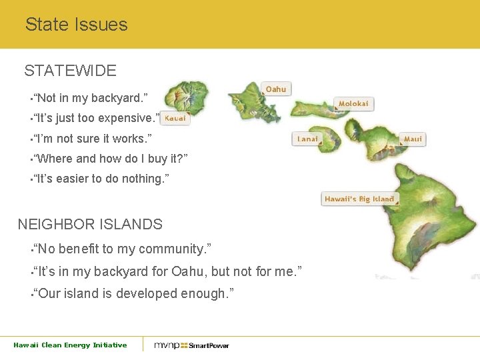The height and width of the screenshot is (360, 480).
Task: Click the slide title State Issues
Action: (76, 25)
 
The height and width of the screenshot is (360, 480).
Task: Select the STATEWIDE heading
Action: (70, 71)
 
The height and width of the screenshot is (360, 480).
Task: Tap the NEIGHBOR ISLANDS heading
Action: (89, 224)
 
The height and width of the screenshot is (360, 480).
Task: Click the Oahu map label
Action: (276, 89)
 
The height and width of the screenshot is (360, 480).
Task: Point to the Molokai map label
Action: (353, 104)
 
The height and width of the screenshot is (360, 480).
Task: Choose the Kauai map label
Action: (175, 119)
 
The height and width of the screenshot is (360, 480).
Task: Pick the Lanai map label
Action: (307, 139)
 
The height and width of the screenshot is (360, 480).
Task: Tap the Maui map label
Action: (413, 139)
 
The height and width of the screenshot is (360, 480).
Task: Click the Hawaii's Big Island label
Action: (359, 199)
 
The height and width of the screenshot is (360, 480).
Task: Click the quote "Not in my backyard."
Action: (91, 98)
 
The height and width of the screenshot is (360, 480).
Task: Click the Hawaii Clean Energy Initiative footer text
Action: (70, 345)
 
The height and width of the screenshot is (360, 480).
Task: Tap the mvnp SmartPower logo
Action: (191, 345)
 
